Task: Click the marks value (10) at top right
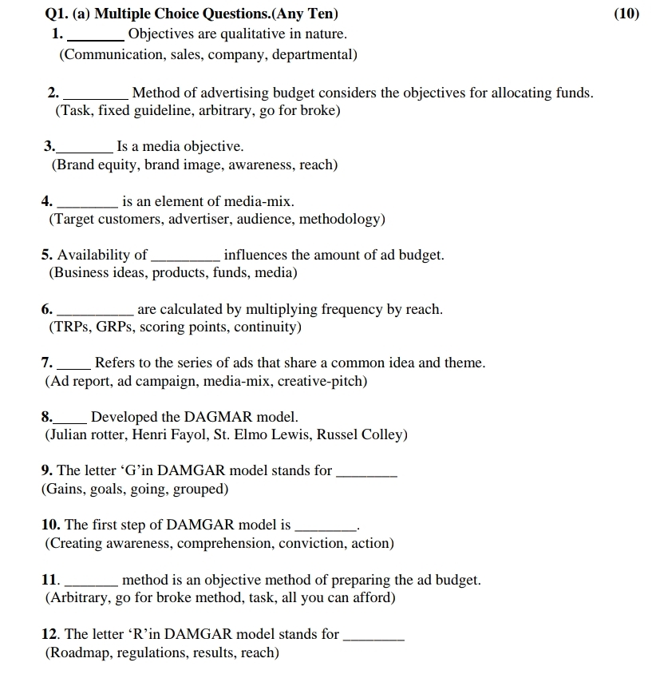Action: [626, 14]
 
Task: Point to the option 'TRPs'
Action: [73, 327]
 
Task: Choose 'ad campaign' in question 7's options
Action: [156, 381]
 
